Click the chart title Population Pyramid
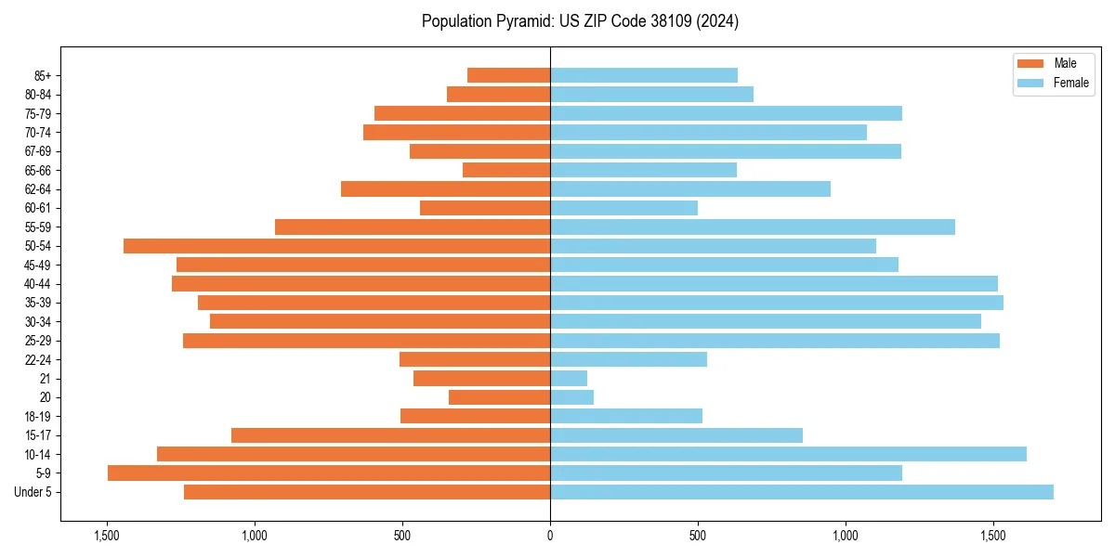pos(580,21)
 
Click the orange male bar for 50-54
pos(336,246)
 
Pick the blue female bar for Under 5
pos(801,492)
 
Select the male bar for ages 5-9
pos(329,473)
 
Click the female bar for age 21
pos(569,379)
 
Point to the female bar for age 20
pos(571,397)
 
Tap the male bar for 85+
pos(508,75)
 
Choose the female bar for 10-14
pos(788,454)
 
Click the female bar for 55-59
pos(753,227)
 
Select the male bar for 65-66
pos(506,170)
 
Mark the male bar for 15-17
pos(390,435)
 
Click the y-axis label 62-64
pos(38,189)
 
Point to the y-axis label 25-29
pos(38,341)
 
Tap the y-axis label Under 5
pos(33,492)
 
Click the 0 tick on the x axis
pos(550,536)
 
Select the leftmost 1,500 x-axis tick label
pos(107,536)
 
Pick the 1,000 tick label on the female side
pos(846,536)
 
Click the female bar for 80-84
pos(651,95)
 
